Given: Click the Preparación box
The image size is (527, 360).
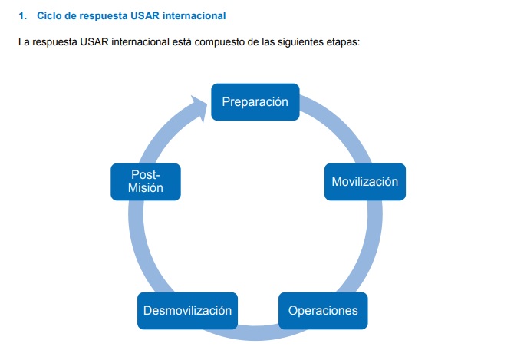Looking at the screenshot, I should (255, 102).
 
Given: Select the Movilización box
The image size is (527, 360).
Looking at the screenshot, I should (364, 182).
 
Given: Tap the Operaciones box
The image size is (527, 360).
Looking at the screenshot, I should (323, 311).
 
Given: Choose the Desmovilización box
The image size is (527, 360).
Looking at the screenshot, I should (187, 311).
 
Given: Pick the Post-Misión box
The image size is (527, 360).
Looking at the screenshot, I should (146, 182).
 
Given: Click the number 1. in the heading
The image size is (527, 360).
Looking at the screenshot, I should (23, 15).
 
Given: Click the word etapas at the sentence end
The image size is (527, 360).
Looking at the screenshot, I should (341, 41).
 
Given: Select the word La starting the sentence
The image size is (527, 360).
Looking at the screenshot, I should (24, 41).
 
